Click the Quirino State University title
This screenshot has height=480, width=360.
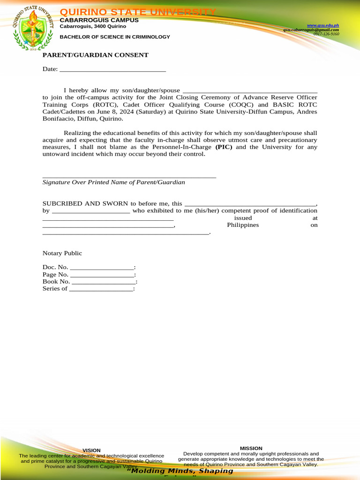pos(138,12)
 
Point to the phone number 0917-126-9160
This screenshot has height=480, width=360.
pos(326,34)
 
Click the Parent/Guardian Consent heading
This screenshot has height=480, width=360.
pos(96,55)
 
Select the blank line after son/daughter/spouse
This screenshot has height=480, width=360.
pos(249,90)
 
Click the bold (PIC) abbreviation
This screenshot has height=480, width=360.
pos(224,147)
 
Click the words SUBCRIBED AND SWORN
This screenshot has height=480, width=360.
pos(86,204)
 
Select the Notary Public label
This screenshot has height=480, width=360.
pos(62,253)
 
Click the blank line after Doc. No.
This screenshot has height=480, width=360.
pos(102,267)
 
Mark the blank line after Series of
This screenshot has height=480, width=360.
pos(101,289)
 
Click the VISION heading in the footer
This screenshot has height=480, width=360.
pos(91,450)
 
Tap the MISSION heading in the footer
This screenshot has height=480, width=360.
pos(251,449)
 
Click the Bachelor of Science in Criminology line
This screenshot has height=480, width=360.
pos(115,37)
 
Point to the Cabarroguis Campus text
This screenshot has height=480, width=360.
pos(99,20)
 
